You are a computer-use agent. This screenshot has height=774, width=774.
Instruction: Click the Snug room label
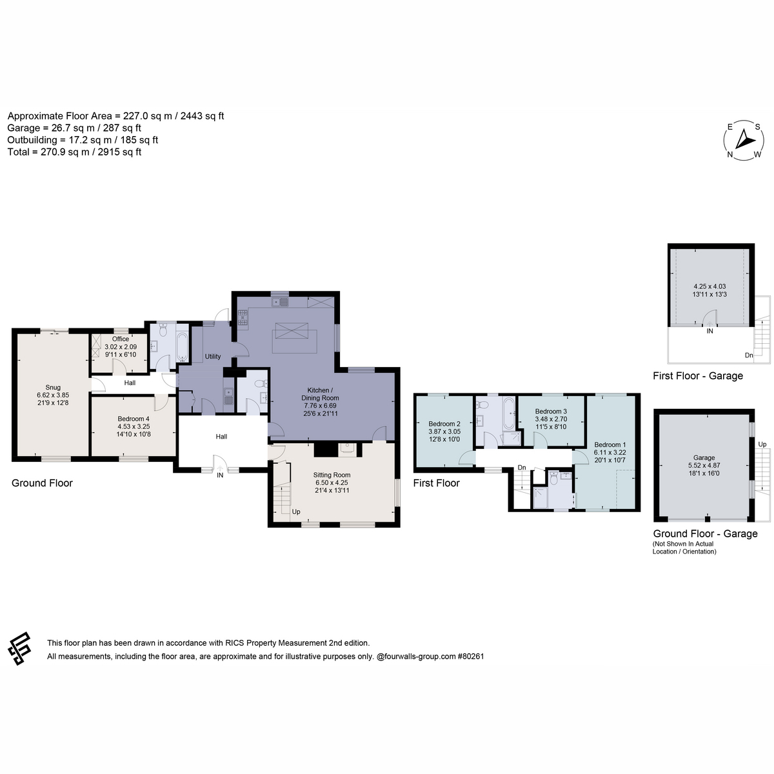click(53, 387)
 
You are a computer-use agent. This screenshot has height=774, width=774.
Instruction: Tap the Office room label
click(120, 339)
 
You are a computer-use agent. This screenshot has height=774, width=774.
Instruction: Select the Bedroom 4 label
click(133, 419)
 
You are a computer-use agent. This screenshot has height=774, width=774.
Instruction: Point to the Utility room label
click(212, 356)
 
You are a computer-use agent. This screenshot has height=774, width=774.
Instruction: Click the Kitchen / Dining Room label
click(320, 394)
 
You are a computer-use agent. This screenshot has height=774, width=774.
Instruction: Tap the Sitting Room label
click(332, 475)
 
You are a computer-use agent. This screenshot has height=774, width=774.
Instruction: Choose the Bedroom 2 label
click(444, 424)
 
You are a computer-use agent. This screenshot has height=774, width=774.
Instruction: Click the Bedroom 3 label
click(550, 412)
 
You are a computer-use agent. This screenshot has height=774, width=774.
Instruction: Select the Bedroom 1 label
click(610, 444)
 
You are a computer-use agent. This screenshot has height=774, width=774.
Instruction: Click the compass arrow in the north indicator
click(745, 139)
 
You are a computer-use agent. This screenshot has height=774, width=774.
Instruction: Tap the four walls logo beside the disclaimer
click(19, 649)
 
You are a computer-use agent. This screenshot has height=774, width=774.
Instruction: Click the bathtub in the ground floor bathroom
click(182, 346)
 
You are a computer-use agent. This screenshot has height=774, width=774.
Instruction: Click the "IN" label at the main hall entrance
click(220, 475)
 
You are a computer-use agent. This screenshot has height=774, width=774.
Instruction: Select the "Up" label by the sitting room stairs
click(295, 511)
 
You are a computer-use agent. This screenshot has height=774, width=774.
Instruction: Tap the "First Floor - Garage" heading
click(697, 376)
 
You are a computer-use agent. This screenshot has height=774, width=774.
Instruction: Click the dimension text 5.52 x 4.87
click(704, 465)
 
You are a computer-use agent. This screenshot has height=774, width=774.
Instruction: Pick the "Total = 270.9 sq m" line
click(74, 152)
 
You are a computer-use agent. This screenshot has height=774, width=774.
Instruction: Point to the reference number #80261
click(471, 657)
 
